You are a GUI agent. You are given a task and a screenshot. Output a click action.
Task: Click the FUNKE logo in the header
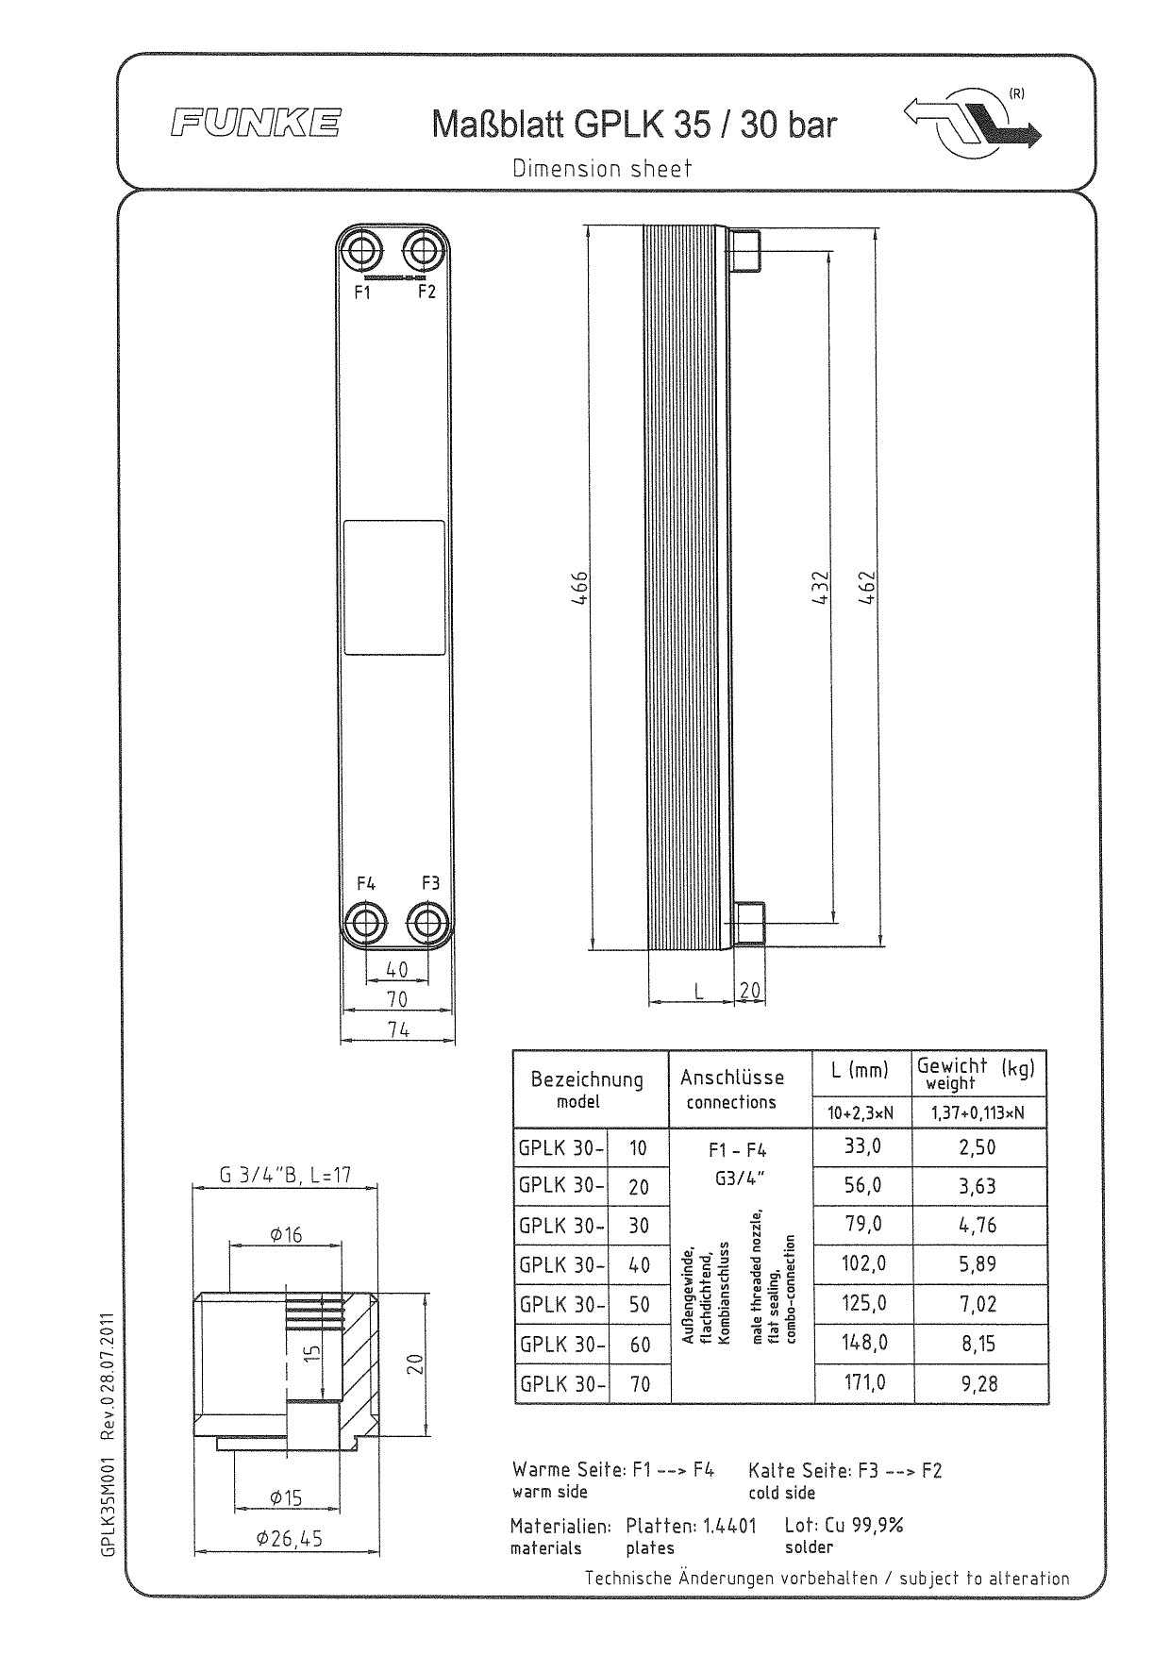[255, 124]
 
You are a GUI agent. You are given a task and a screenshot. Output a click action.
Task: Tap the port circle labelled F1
[362, 252]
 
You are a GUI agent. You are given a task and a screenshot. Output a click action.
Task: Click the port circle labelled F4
[364, 921]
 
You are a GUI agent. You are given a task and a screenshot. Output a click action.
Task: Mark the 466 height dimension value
[583, 589]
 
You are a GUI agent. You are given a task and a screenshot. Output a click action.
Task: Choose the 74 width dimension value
[397, 1029]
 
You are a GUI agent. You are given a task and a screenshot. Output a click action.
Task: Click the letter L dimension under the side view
[698, 991]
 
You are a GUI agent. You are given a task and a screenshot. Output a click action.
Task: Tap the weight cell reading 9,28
[978, 1384]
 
